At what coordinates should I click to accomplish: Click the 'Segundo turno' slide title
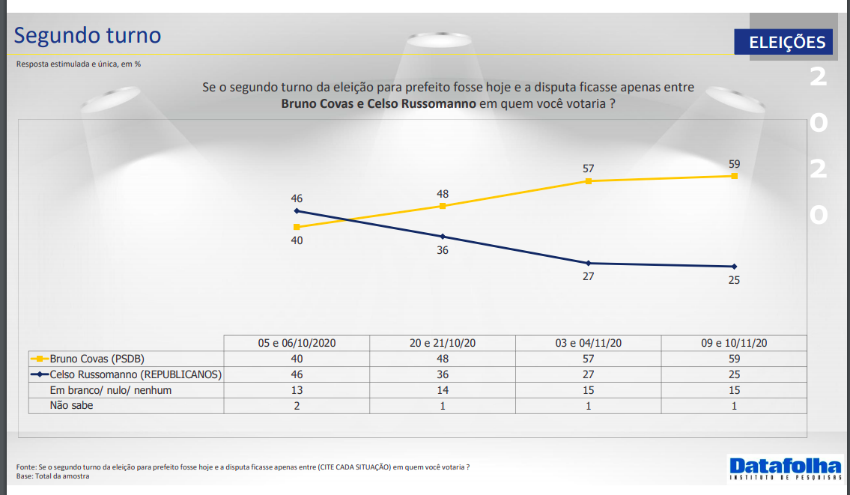[x=88, y=35]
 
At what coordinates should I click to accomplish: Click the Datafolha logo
[x=784, y=467]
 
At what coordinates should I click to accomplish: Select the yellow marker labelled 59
[x=734, y=176]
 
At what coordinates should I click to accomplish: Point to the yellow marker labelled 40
[x=297, y=227]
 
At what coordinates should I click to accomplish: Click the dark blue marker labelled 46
[x=297, y=211]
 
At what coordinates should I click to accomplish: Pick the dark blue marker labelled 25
[x=734, y=267]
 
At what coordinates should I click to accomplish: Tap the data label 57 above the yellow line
[x=588, y=169]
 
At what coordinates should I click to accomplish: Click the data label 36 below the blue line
[x=443, y=250]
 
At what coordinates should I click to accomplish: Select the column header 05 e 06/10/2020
[x=297, y=343]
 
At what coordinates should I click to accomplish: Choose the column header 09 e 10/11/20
[x=734, y=343]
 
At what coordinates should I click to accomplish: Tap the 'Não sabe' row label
[x=71, y=406]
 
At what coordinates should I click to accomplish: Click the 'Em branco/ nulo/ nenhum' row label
[x=110, y=390]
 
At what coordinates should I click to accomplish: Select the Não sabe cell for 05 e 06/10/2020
[x=297, y=406]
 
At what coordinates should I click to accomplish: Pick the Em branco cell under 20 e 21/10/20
[x=443, y=390]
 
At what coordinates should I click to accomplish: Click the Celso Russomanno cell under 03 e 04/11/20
[x=588, y=374]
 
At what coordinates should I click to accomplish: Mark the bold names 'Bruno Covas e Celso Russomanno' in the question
[x=378, y=103]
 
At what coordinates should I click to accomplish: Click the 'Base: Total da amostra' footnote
[x=52, y=476]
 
